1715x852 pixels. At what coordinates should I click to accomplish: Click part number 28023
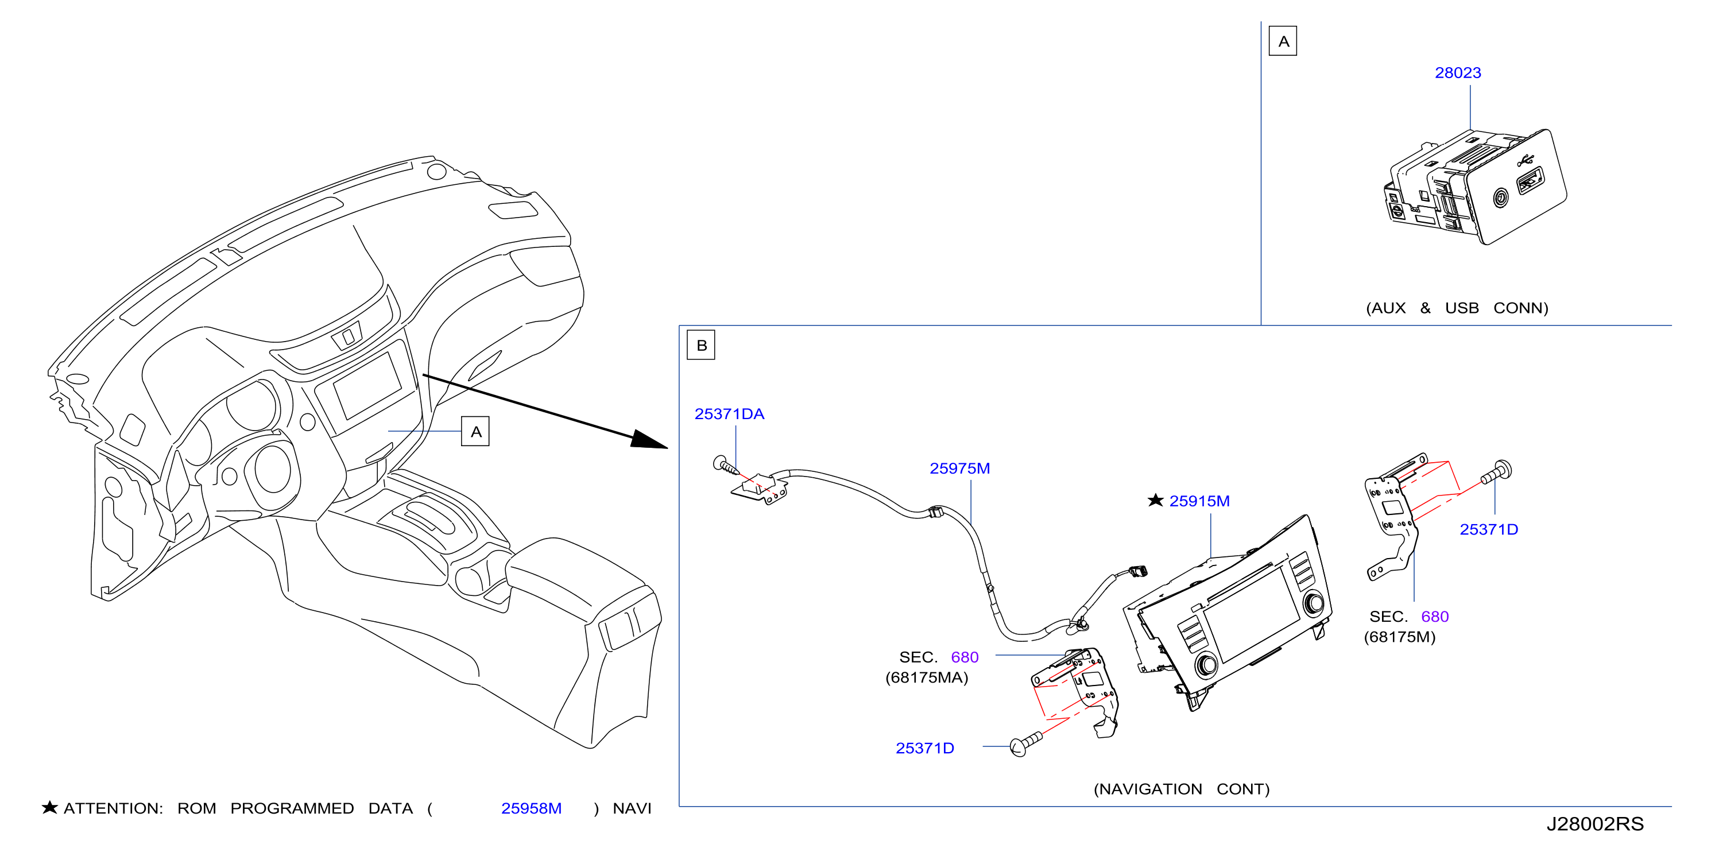tap(1457, 72)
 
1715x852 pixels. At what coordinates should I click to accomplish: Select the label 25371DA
tap(729, 414)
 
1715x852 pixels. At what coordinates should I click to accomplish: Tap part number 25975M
tap(959, 468)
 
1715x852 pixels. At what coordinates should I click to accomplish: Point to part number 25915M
tap(1199, 501)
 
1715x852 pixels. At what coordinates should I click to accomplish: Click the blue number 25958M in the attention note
tap(531, 808)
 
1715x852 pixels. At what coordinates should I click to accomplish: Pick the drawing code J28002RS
tap(1594, 824)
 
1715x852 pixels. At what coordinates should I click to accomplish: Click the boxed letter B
tap(701, 346)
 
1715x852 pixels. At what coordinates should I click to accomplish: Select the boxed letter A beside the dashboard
tap(475, 431)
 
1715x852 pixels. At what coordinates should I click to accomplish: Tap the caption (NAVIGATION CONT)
tap(1182, 789)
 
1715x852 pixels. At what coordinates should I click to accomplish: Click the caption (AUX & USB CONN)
tap(1457, 308)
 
